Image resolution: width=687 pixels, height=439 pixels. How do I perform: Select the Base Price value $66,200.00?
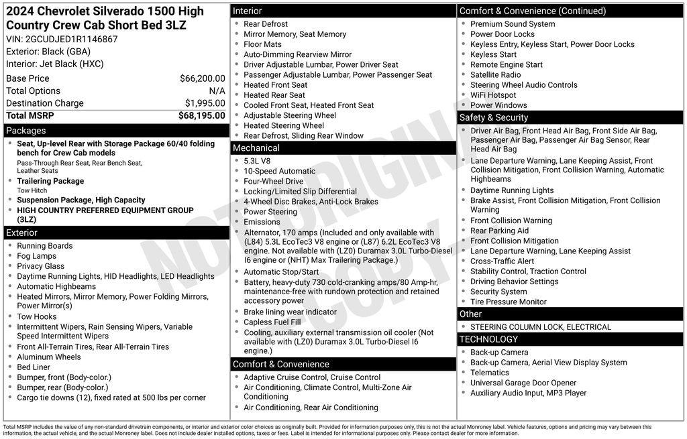click(x=202, y=78)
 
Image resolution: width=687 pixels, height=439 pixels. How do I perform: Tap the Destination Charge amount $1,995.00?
click(x=205, y=103)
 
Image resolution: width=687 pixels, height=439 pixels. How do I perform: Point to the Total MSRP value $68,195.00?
click(x=201, y=115)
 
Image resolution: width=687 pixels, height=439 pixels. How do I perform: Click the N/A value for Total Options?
click(x=217, y=90)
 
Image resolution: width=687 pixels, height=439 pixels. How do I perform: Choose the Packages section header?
click(x=25, y=131)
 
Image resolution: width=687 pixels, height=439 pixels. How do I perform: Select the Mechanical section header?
click(x=256, y=147)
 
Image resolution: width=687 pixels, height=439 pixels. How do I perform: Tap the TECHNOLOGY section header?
click(x=489, y=339)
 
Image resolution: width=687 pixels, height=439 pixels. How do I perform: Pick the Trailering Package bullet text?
click(x=50, y=181)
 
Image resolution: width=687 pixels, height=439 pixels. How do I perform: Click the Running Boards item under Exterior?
click(x=45, y=246)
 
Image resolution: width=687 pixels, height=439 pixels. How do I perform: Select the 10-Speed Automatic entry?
click(x=279, y=171)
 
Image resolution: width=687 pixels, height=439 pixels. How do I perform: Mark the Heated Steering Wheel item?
click(x=284, y=125)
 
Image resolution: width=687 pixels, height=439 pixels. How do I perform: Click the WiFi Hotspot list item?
click(x=493, y=95)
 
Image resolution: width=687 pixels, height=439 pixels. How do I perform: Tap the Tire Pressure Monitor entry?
click(x=509, y=302)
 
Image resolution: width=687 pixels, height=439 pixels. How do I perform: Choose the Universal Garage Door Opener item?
click(x=523, y=383)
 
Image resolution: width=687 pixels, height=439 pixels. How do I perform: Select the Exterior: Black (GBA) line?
click(x=48, y=52)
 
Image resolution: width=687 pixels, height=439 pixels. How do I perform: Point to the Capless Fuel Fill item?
click(x=272, y=322)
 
